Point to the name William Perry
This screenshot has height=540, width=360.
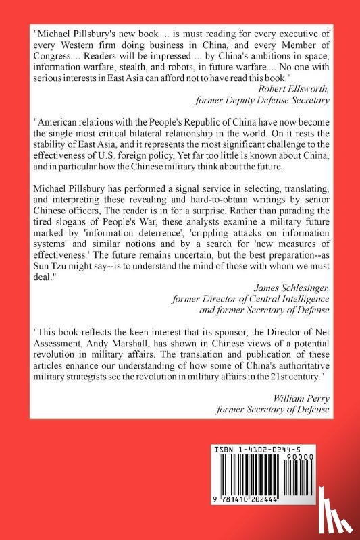click(301, 398)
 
